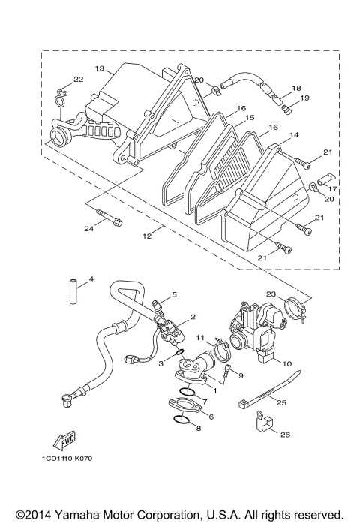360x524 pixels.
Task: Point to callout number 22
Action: pyautogui.click(x=77, y=80)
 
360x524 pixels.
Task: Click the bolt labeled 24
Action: pyautogui.click(x=110, y=221)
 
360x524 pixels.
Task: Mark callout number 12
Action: pyautogui.click(x=146, y=236)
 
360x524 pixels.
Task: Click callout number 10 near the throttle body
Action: pyautogui.click(x=285, y=363)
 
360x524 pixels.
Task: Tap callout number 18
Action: pyautogui.click(x=296, y=88)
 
